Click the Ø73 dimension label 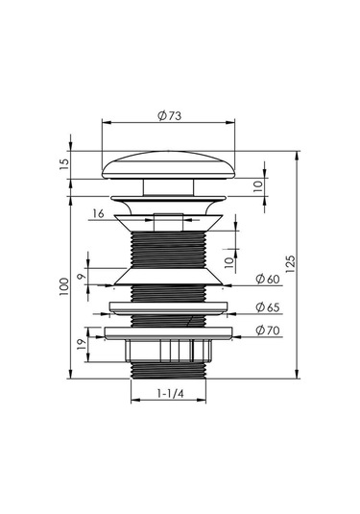point(169,115)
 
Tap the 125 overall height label point(290,264)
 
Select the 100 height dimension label point(64,286)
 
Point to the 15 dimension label point(65,164)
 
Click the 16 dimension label point(98,213)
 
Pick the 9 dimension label point(82,277)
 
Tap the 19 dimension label point(82,344)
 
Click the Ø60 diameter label point(268,279)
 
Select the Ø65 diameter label point(268,307)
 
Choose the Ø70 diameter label point(268,330)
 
